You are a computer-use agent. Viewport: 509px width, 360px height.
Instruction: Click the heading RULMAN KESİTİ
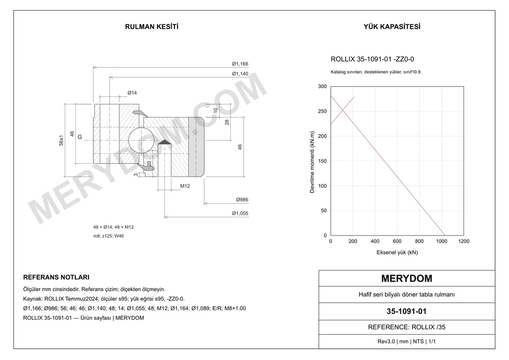click(x=152, y=27)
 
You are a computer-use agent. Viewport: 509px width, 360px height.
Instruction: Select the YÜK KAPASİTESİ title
click(x=392, y=27)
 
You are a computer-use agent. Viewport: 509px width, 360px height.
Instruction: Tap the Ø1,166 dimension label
click(x=240, y=64)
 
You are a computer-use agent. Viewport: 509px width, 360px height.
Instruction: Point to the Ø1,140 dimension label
click(x=240, y=74)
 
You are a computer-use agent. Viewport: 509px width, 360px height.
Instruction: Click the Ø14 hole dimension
click(x=132, y=93)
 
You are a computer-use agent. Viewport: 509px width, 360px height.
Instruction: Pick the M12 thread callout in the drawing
click(x=185, y=186)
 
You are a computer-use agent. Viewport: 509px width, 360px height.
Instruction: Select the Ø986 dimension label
click(x=242, y=200)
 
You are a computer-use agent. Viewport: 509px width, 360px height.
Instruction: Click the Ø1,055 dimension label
click(x=240, y=213)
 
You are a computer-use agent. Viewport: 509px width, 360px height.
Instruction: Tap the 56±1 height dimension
click(x=61, y=140)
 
